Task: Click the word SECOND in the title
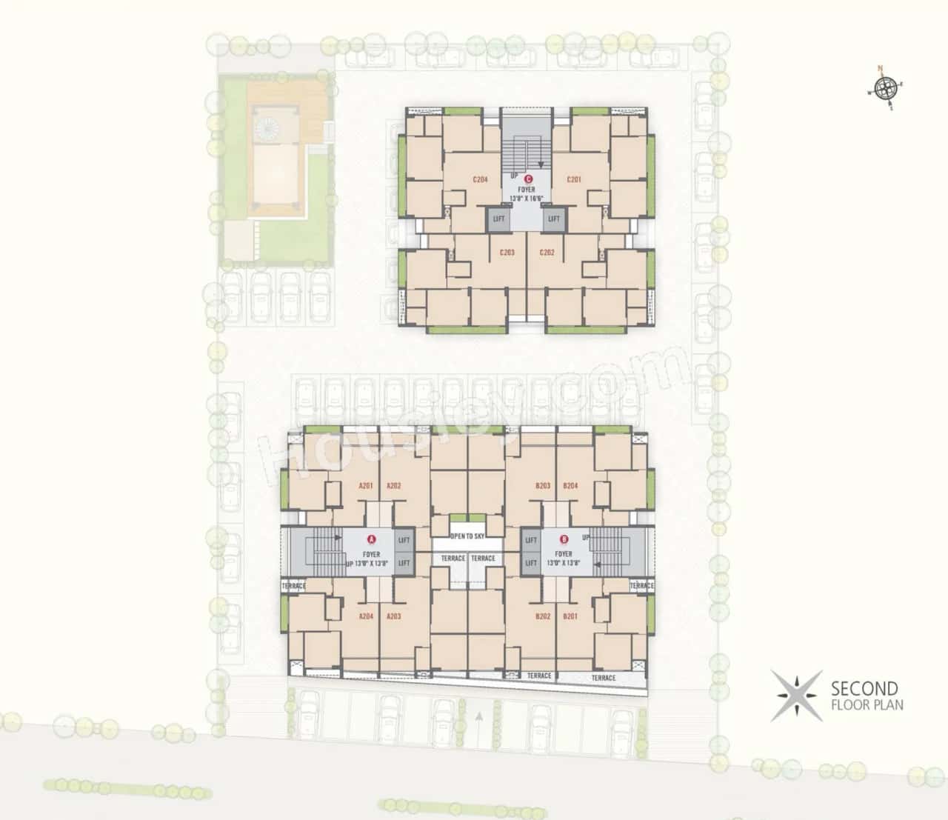(x=864, y=689)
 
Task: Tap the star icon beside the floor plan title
(x=795, y=696)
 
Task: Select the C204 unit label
(x=480, y=179)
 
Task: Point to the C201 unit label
(x=574, y=179)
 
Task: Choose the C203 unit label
(x=507, y=253)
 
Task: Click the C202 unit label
(x=547, y=253)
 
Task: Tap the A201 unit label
(x=365, y=486)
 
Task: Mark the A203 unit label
(x=393, y=616)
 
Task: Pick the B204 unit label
(x=570, y=486)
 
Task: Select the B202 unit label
(x=543, y=616)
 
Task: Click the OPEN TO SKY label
(x=467, y=535)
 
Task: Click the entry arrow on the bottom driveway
(x=479, y=717)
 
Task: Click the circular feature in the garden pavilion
(x=265, y=127)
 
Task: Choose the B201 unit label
(x=570, y=616)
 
